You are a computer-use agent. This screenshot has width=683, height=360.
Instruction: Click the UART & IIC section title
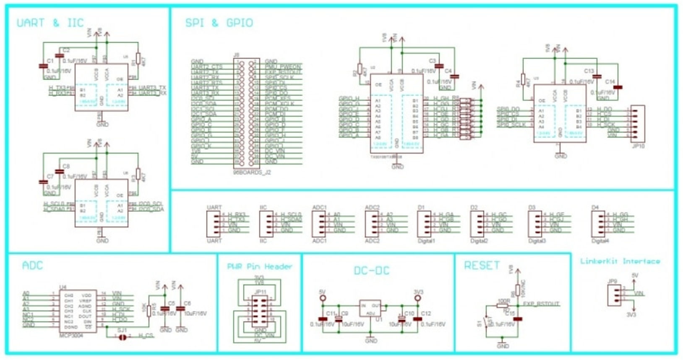coord(50,23)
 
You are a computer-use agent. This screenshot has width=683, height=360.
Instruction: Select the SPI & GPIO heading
coord(219,23)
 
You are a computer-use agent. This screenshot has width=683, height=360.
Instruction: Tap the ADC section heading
coord(32,265)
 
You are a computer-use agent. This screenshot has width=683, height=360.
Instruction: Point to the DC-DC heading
coord(371,271)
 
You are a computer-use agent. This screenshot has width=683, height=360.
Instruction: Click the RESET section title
coord(482,265)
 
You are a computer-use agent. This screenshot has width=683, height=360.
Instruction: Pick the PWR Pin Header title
coord(259,266)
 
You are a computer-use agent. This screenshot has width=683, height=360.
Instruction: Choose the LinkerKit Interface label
coord(620,261)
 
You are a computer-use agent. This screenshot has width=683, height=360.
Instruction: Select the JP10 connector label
coord(638,146)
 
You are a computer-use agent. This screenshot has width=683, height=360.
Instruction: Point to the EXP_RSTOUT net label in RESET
coord(541,303)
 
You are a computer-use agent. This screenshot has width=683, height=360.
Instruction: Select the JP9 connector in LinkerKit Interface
coord(614,293)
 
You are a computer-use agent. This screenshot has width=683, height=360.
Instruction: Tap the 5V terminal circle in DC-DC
coord(323,298)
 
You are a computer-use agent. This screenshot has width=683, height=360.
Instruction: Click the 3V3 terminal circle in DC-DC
coord(417,298)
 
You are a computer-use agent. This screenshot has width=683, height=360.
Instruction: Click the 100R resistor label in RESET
coord(503,301)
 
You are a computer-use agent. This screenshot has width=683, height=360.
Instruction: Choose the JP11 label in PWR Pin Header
coord(260,292)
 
